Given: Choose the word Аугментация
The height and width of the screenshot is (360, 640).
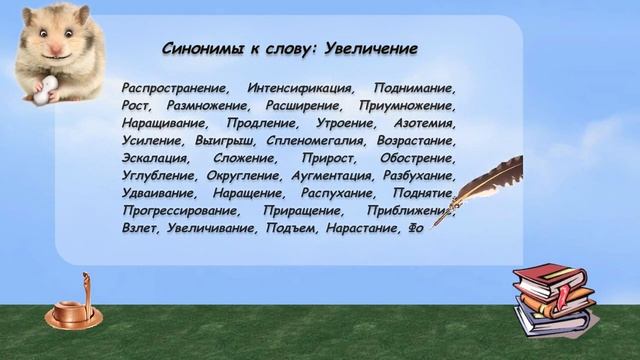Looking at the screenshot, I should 332,176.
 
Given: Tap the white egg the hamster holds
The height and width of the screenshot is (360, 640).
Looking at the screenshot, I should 41,93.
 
